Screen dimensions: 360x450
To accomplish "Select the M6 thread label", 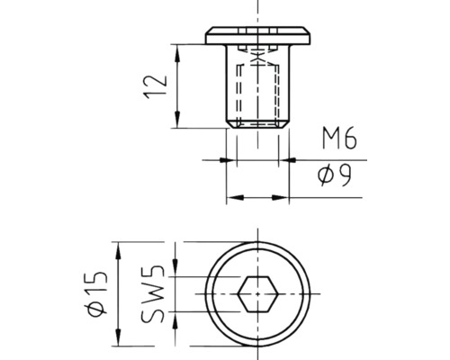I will click(340, 139).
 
